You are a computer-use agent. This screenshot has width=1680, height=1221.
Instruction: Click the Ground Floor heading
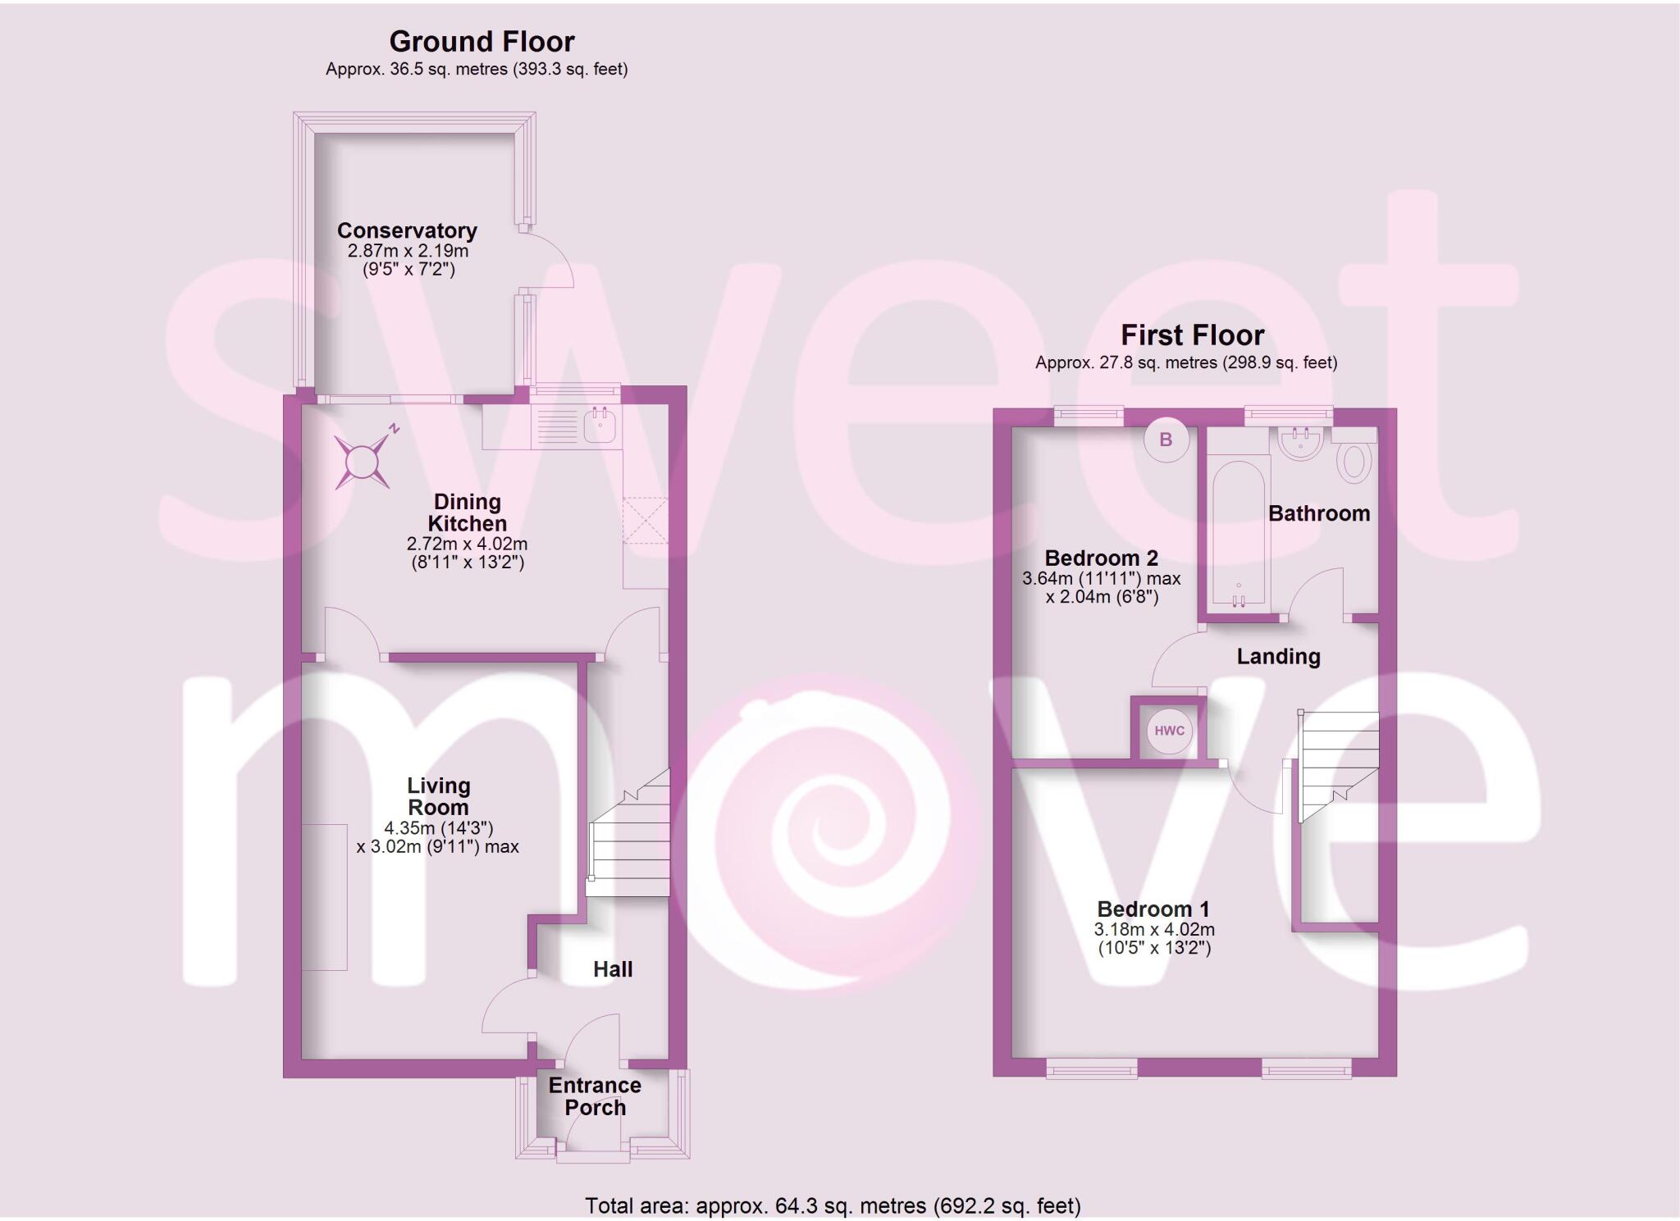[482, 41]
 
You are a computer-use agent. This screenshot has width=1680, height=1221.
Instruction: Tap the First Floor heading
[1192, 335]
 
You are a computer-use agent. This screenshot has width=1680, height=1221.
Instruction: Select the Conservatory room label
[407, 230]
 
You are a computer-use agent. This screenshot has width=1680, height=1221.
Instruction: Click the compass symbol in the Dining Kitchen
[362, 462]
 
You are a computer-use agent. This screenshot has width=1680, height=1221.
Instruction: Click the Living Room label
[439, 796]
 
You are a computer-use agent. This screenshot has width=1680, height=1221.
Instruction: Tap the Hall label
[613, 969]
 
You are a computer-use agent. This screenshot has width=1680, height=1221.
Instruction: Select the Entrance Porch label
[595, 1096]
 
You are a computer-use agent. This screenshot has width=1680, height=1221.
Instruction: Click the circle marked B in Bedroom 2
[1166, 440]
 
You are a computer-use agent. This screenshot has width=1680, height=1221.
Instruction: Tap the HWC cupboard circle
[1169, 731]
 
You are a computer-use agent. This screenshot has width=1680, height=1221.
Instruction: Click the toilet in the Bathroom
[1354, 462]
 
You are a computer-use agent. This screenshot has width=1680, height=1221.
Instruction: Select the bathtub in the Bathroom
[1239, 533]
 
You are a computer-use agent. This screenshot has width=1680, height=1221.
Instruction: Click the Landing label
[1278, 656]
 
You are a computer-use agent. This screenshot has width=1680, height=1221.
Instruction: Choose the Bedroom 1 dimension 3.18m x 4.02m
[1154, 930]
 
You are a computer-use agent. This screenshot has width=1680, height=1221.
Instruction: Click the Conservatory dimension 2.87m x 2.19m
[408, 251]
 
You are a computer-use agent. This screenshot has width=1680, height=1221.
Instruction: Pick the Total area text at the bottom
[833, 1205]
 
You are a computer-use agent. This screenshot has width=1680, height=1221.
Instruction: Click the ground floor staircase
[630, 836]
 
